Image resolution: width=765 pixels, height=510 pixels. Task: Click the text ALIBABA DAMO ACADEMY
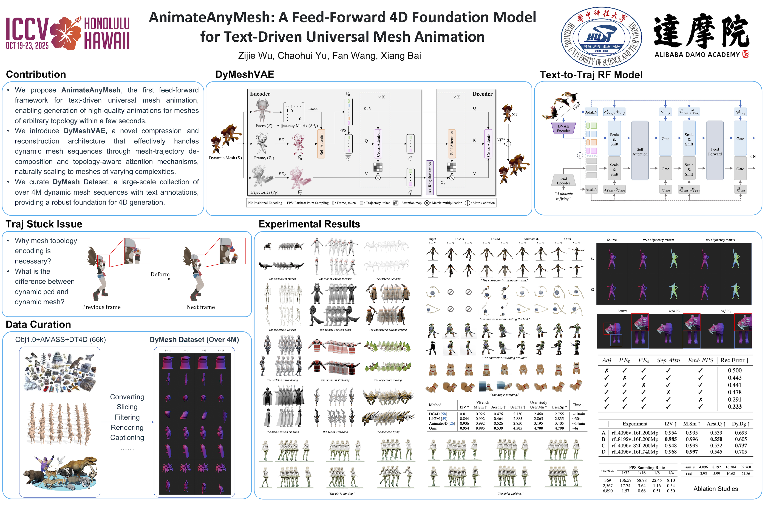[697, 55]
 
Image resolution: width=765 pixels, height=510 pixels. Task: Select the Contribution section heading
[36, 75]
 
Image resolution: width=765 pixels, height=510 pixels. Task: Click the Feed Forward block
[715, 151]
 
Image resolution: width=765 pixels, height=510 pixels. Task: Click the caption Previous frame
[101, 307]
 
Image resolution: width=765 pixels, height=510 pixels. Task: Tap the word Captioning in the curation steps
[127, 438]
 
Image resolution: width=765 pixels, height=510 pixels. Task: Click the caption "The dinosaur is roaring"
[282, 279]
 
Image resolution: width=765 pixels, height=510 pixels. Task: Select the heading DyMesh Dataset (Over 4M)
[194, 340]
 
